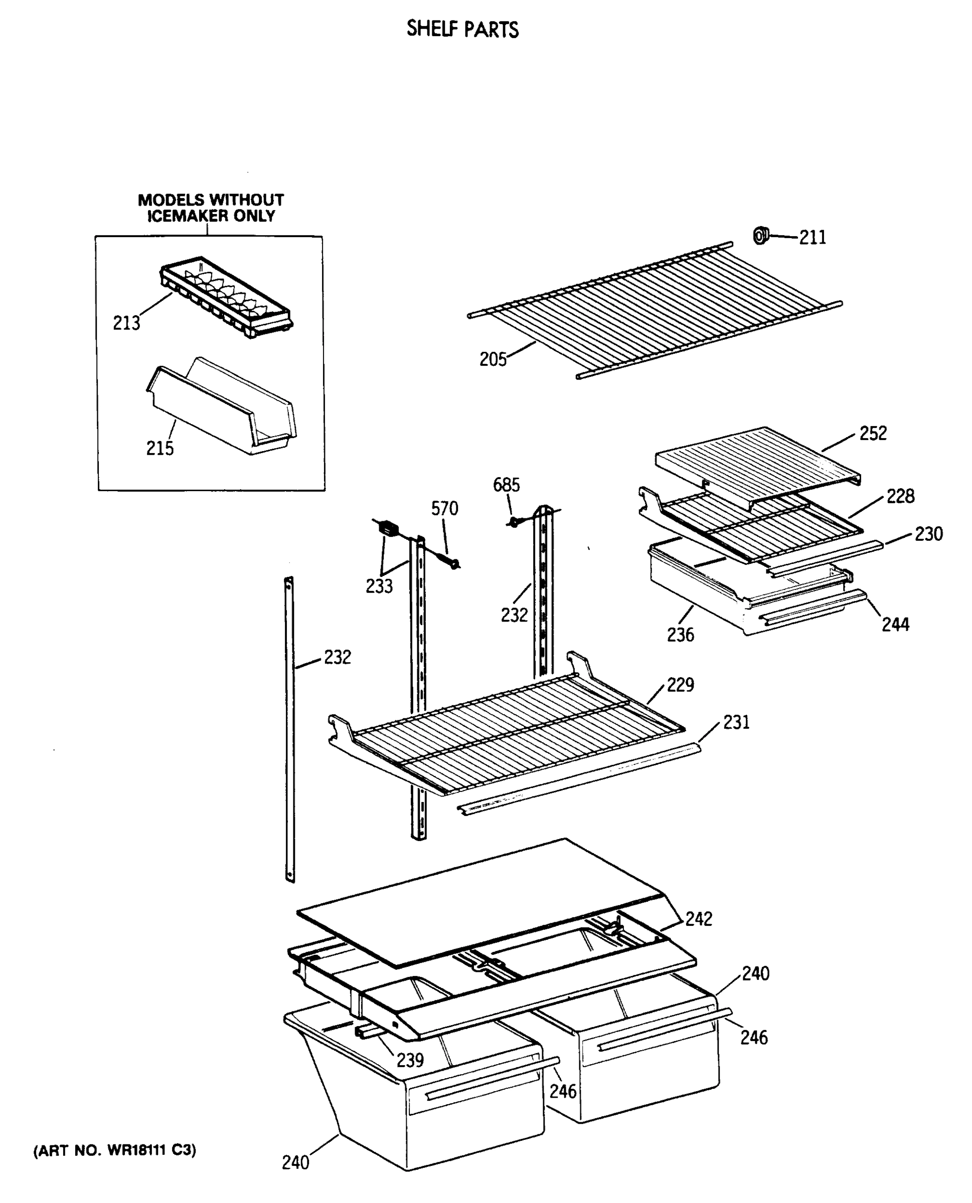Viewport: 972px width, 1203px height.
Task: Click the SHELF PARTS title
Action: pos(462,29)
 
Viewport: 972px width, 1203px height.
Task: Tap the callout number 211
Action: pos(813,238)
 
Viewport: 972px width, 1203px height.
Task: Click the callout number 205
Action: pos(493,359)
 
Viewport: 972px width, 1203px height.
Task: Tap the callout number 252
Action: pos(873,433)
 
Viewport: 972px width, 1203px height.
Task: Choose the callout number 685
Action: pos(506,485)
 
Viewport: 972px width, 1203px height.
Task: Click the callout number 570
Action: pos(444,509)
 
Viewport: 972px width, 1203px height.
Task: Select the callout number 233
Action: pos(379,586)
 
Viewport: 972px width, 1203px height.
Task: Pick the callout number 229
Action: pos(680,685)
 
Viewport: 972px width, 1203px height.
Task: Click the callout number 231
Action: pos(736,722)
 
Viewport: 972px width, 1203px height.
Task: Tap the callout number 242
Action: pos(699,919)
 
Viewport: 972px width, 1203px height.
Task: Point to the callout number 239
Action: pos(410,1060)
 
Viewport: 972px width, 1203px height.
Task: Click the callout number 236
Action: pos(680,635)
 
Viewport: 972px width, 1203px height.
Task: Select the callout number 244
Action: pos(895,625)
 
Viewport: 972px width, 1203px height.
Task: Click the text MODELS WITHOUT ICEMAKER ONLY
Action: pos(211,208)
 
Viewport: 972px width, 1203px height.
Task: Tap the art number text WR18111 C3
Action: pos(115,1150)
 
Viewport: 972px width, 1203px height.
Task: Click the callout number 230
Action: pos(929,534)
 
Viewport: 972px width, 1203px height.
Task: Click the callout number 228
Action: pos(900,496)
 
